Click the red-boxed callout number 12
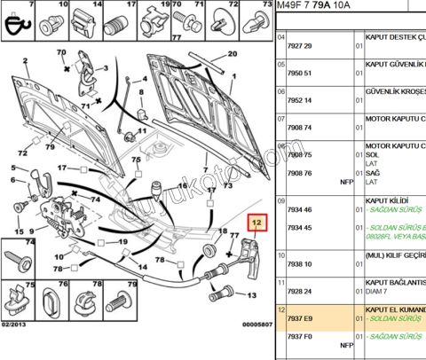pos(256,223)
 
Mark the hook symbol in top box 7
pos(18,25)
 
